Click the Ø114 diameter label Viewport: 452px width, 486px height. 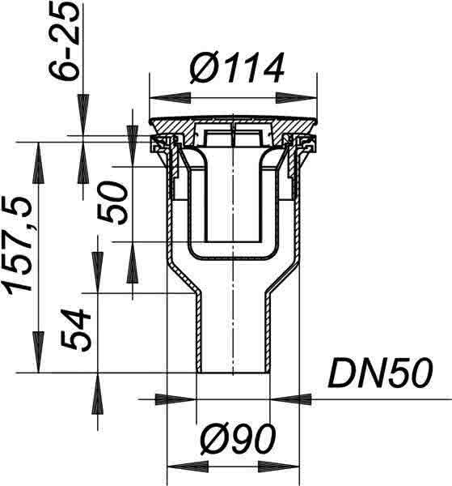pyautogui.click(x=237, y=67)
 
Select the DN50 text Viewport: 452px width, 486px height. pyautogui.click(x=380, y=373)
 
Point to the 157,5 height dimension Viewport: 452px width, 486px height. pyautogui.click(x=18, y=245)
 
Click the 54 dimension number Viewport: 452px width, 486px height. pyautogui.click(x=75, y=329)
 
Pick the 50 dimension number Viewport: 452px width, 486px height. pyautogui.click(x=112, y=203)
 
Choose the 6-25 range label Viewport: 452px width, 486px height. pyautogui.click(x=64, y=42)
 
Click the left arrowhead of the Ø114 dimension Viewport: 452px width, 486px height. pyautogui.click(x=170, y=98)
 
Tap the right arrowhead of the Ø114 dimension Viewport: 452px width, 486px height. pyautogui.click(x=297, y=98)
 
